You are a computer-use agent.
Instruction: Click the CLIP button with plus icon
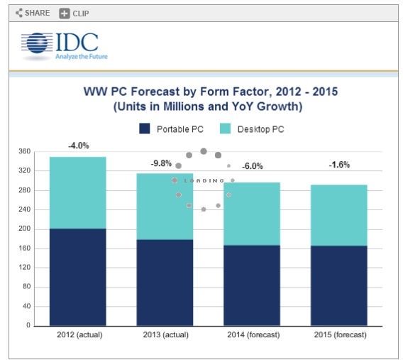pos(74,13)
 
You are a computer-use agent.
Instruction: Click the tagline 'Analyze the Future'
pos(81,57)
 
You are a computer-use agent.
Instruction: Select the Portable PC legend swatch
pos(144,129)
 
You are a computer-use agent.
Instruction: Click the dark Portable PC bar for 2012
pos(77,277)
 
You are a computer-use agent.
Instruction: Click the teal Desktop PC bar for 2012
pos(77,192)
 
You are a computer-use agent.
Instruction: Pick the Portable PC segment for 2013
pos(165,283)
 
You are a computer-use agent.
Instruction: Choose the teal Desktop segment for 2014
pos(251,213)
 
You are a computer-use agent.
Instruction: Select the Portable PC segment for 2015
pos(338,285)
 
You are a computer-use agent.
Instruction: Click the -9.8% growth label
pos(161,163)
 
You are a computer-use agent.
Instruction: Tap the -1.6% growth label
pos(338,165)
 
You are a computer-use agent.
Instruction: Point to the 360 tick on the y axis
pos(23,151)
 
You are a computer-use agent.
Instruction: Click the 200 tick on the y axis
pos(23,229)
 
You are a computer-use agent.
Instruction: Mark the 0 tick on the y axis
pos(28,326)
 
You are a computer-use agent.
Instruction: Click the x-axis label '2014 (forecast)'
pos(251,334)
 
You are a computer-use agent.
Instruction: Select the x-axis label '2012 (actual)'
pos(77,334)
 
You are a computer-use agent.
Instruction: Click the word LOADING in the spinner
pos(203,181)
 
